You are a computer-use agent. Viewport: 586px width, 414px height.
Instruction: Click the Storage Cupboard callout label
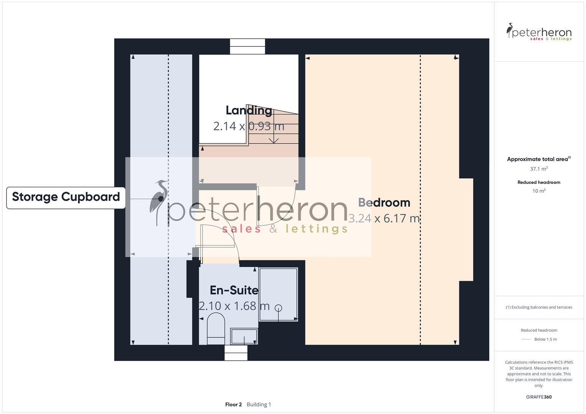[66, 197]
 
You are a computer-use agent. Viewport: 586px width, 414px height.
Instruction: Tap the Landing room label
[249, 110]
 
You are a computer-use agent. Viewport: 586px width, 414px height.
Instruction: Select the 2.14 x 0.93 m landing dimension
[249, 126]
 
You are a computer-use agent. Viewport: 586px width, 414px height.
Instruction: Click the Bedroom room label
[384, 202]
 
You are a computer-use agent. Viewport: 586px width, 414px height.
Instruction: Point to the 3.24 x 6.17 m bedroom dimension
[384, 219]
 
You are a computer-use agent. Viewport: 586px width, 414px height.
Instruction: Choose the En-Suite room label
[234, 290]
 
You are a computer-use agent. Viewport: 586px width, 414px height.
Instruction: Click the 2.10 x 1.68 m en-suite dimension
[234, 306]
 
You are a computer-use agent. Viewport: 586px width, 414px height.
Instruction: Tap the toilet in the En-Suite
[216, 329]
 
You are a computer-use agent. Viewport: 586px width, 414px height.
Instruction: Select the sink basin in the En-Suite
[244, 336]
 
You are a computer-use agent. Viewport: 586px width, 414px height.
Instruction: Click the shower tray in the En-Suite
[278, 294]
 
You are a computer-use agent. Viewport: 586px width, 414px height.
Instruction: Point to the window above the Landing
[248, 46]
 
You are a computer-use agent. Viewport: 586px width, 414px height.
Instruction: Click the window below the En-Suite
[236, 353]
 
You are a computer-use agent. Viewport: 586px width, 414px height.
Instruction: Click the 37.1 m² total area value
[539, 169]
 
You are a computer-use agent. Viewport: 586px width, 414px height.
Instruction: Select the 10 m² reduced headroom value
[539, 191]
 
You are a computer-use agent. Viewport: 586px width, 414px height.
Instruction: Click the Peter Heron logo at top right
[539, 32]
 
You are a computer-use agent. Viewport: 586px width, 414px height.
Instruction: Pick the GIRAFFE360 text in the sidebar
[539, 397]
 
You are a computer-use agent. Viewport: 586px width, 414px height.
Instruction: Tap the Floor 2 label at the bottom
[233, 404]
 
